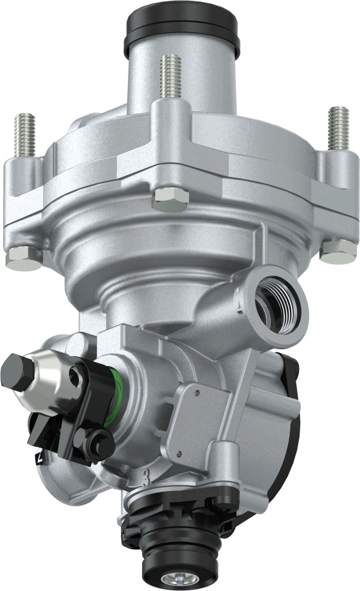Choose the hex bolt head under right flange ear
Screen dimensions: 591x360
point(337,251)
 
